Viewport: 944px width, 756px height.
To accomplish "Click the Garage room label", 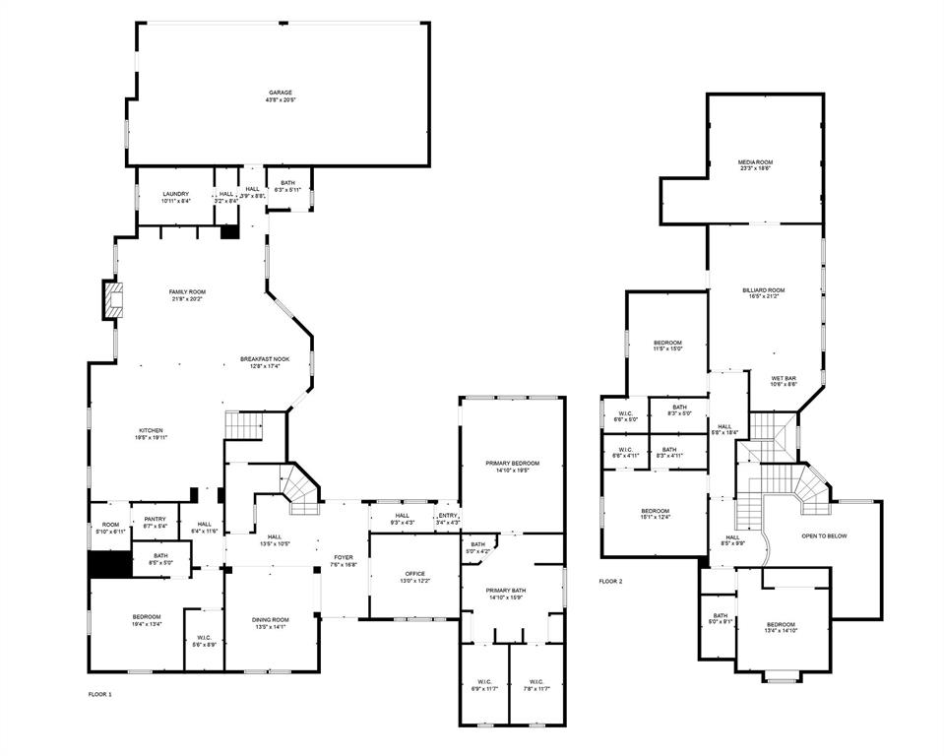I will (281, 93).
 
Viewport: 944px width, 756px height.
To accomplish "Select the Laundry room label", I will (176, 194).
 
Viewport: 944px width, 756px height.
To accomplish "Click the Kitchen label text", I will (151, 430).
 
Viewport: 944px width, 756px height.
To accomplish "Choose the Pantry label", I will (155, 519).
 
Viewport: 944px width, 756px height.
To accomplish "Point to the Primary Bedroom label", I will (512, 463).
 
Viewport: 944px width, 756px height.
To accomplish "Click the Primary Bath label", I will (512, 590).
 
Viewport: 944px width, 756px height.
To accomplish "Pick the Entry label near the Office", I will (448, 515).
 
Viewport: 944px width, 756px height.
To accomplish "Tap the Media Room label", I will (756, 161).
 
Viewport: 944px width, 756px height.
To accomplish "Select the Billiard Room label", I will (764, 289).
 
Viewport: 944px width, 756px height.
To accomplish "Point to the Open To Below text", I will (824, 535).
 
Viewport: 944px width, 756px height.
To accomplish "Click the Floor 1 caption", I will (100, 695).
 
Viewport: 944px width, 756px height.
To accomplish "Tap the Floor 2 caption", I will (610, 581).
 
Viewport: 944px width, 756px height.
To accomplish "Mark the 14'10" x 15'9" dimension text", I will (512, 597).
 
